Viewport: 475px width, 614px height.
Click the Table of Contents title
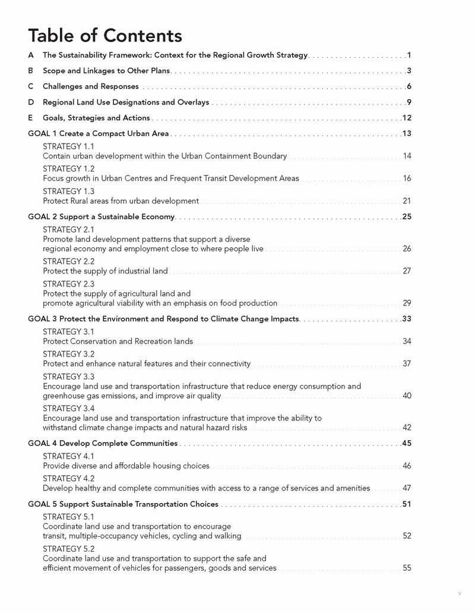point(105,36)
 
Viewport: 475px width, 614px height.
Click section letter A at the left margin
point(31,55)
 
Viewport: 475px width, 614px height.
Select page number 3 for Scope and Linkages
point(409,71)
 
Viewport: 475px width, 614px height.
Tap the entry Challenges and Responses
point(90,87)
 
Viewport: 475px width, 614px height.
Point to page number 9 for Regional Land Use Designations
point(409,102)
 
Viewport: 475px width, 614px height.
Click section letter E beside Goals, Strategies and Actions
point(31,118)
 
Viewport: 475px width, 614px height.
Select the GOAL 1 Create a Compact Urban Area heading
point(98,133)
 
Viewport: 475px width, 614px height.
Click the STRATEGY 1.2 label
point(68,169)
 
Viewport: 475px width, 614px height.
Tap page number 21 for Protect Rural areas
point(407,201)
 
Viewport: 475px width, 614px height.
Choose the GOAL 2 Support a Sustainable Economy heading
point(101,217)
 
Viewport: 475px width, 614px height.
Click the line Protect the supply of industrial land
point(105,271)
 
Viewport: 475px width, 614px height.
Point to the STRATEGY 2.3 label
point(68,284)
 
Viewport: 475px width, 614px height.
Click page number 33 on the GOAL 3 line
point(407,319)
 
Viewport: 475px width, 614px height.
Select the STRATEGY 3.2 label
point(68,354)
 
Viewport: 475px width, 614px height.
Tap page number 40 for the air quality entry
point(407,396)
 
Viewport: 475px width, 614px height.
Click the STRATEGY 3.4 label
point(68,409)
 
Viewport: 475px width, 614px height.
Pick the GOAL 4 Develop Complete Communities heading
point(103,443)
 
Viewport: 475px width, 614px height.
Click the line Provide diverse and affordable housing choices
point(126,466)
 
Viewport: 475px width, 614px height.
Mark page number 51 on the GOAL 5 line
point(407,504)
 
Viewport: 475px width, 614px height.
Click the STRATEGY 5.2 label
point(68,549)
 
